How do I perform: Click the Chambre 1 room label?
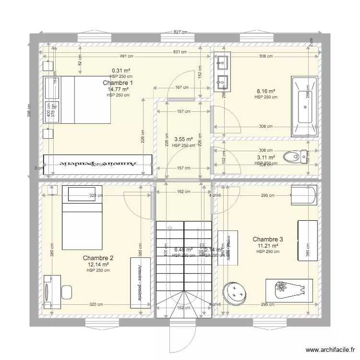point(118,83)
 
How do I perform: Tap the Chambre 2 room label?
point(98,258)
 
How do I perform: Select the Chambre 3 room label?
point(267,239)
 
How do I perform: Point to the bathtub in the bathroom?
point(303,106)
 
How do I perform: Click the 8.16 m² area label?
point(266,91)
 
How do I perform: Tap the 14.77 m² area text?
point(118,89)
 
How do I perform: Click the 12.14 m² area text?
point(98,264)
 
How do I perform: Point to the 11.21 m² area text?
point(267,246)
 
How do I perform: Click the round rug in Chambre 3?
point(234,292)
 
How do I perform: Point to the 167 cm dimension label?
point(181,87)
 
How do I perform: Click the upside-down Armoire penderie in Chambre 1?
point(98,164)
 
